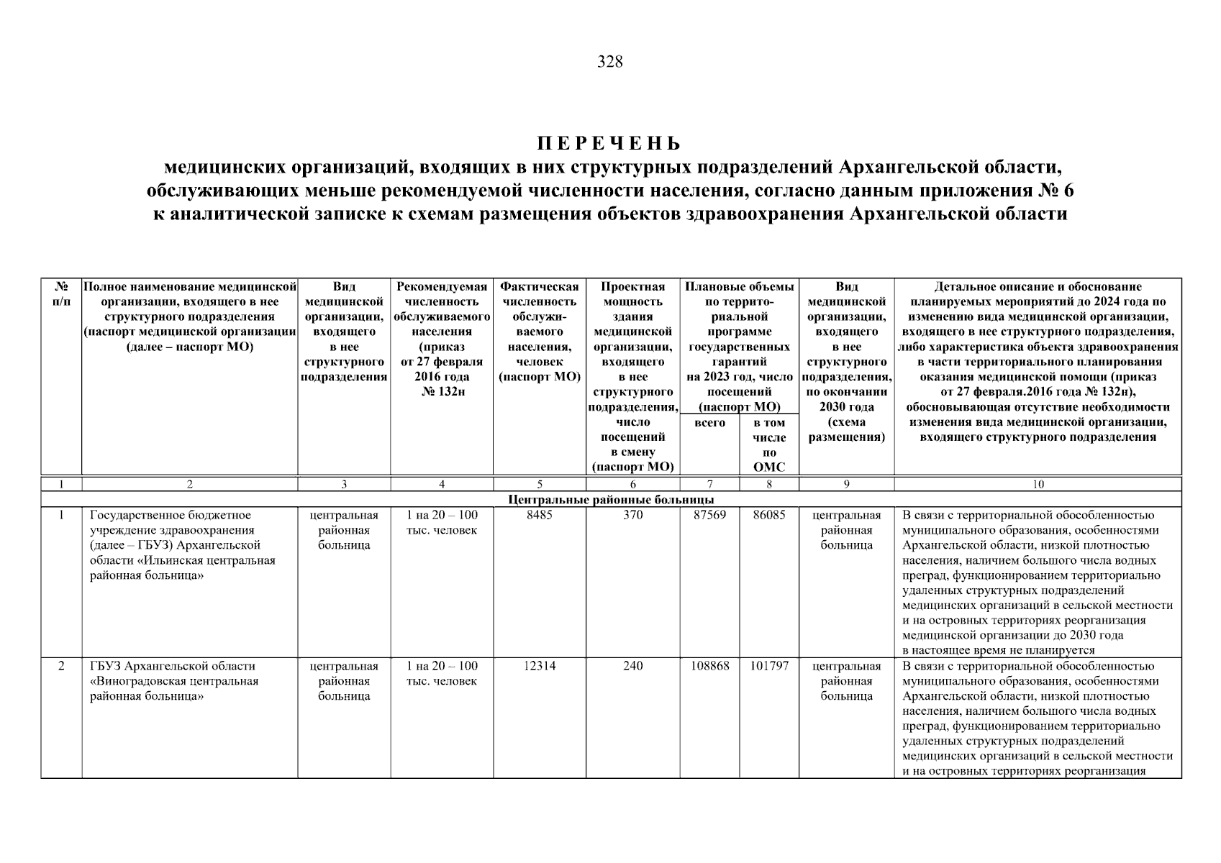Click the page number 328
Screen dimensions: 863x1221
tap(610, 62)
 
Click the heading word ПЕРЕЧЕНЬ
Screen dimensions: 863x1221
tap(609, 143)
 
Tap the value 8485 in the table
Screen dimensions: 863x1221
tap(539, 515)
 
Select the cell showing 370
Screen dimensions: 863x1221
tap(632, 515)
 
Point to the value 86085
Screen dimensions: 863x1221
tap(768, 515)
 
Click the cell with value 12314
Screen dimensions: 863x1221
tap(539, 666)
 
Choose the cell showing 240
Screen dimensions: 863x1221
tap(632, 666)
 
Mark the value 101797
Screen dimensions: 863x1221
tap(768, 666)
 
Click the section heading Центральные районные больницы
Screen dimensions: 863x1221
tap(611, 499)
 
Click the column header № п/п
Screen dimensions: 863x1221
tap(61, 294)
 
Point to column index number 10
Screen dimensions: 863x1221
tap(1038, 485)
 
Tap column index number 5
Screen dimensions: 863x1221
tap(539, 485)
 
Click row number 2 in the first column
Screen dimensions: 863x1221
tap(61, 666)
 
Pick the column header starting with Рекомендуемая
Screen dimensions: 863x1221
tap(442, 286)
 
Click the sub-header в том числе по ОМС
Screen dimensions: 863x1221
tap(768, 445)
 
